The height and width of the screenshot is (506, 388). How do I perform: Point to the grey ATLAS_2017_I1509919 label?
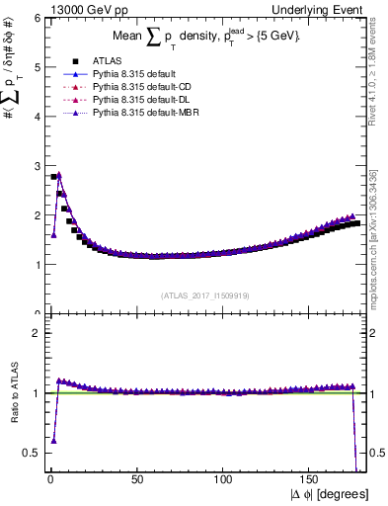point(204,295)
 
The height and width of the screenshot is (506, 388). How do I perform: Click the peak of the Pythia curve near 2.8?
point(59,175)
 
